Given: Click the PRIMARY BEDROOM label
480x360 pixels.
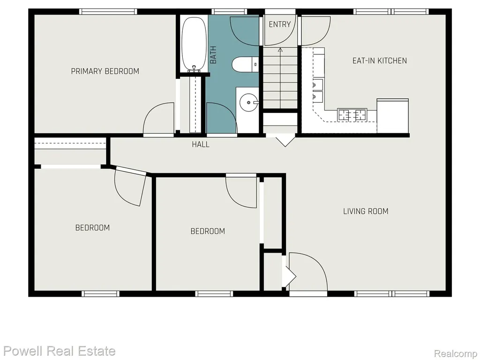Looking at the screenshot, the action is tap(105, 71).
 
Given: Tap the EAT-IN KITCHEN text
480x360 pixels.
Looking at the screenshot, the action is tap(380, 60).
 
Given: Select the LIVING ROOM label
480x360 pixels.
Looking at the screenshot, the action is tap(366, 211).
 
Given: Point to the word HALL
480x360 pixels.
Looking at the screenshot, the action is tap(201, 144).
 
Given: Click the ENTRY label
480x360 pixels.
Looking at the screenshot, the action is tap(279, 24).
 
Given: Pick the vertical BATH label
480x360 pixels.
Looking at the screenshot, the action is tap(213, 55).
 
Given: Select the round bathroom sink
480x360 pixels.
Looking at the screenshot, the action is tap(248, 102).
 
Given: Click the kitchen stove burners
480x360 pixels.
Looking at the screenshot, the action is tap(352, 114).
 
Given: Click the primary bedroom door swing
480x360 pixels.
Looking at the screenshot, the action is tap(158, 118).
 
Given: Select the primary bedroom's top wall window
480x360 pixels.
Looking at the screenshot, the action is tap(108, 12).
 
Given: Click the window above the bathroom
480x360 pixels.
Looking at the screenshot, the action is tap(229, 12).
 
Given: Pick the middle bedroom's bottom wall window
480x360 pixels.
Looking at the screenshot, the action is tap(214, 294).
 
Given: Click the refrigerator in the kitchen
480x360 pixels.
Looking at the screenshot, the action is tap(393, 116).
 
